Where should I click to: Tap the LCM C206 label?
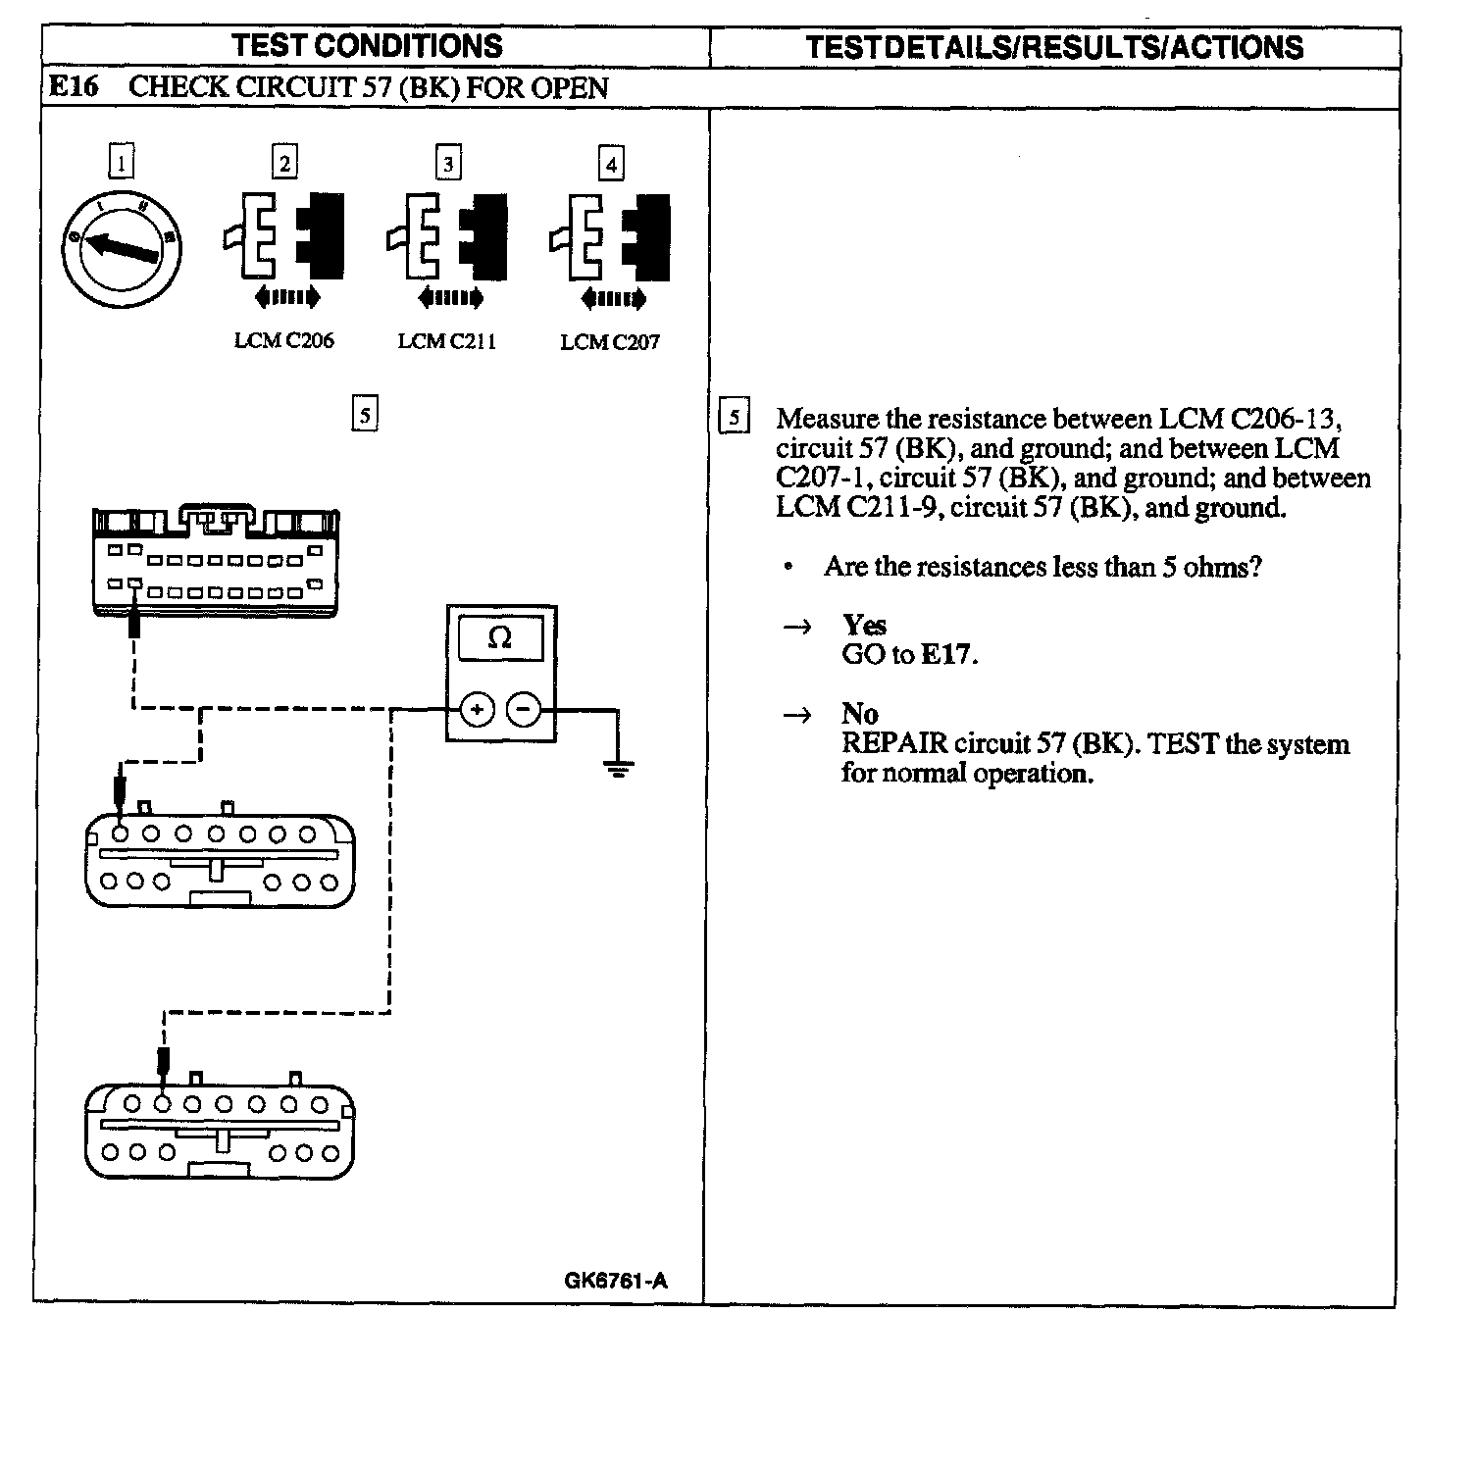click(x=283, y=341)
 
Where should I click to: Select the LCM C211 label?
click(x=447, y=341)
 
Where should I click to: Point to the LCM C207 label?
click(x=610, y=342)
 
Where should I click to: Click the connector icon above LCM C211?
click(x=448, y=236)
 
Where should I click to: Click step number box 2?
click(x=284, y=163)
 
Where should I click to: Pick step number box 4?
click(x=611, y=164)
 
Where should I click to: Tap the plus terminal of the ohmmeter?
click(x=477, y=709)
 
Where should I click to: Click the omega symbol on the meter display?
click(x=500, y=638)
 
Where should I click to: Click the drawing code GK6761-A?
click(x=616, y=1281)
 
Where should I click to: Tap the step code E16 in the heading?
click(x=74, y=87)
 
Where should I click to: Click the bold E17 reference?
click(x=947, y=654)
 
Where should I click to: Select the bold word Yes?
click(x=864, y=625)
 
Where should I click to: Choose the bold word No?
click(x=859, y=714)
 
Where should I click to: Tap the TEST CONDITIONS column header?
click(x=368, y=46)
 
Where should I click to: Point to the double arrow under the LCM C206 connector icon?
click(x=285, y=295)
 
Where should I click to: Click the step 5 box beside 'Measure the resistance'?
click(x=734, y=418)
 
